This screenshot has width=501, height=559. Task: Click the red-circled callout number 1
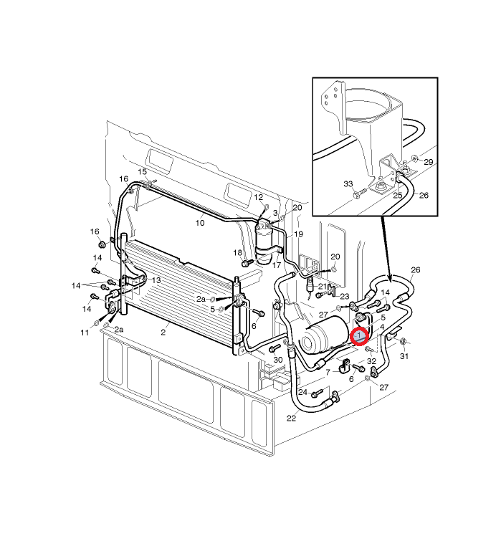click(x=359, y=335)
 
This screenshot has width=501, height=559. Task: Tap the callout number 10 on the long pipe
click(x=200, y=223)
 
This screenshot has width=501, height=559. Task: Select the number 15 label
click(x=143, y=172)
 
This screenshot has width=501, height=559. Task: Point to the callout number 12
click(x=259, y=197)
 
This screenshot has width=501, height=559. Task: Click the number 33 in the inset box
click(x=348, y=184)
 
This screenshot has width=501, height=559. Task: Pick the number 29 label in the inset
click(x=429, y=162)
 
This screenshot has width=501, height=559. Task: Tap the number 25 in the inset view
click(x=398, y=196)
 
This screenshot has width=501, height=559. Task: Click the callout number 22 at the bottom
click(x=291, y=419)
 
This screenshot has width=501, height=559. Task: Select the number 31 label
click(x=404, y=356)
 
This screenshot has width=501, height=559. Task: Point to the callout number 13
click(x=156, y=280)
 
